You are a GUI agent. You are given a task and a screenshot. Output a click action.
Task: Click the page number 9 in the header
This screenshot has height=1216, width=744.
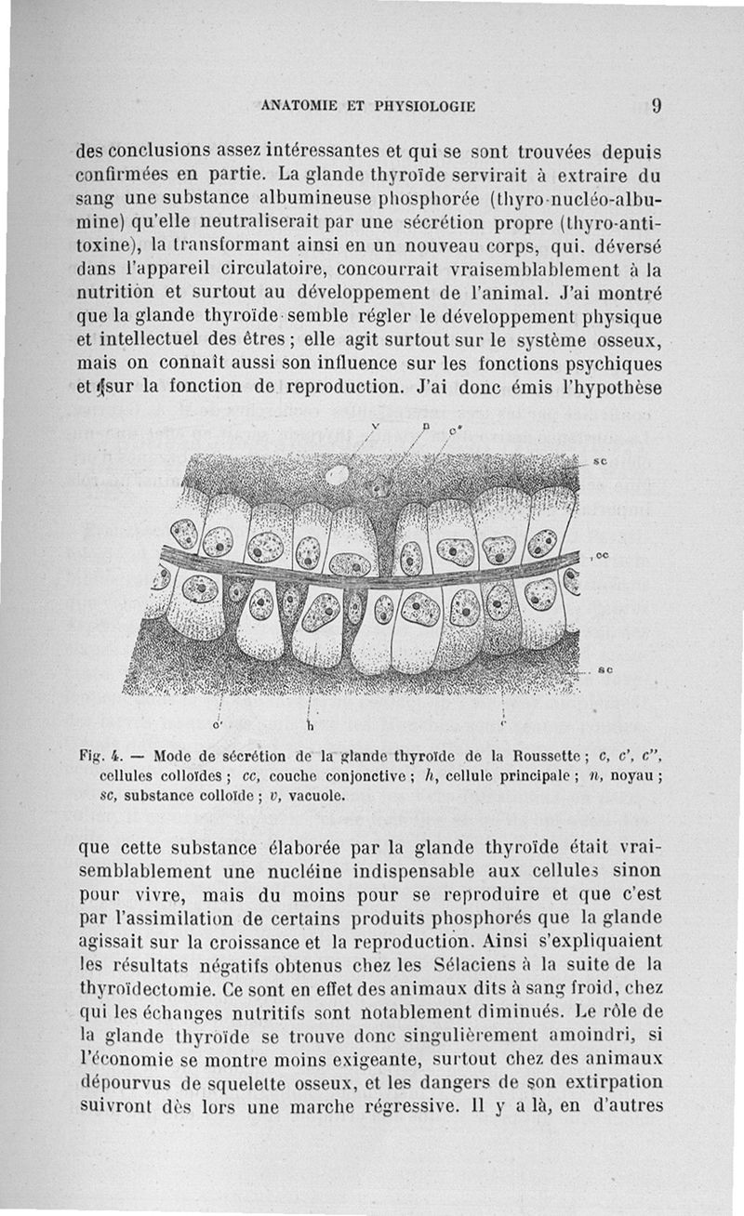[656, 105]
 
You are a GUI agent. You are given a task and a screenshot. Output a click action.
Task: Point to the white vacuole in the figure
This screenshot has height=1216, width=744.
[337, 475]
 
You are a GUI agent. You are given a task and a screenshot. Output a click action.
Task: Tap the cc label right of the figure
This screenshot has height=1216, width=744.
[602, 555]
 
